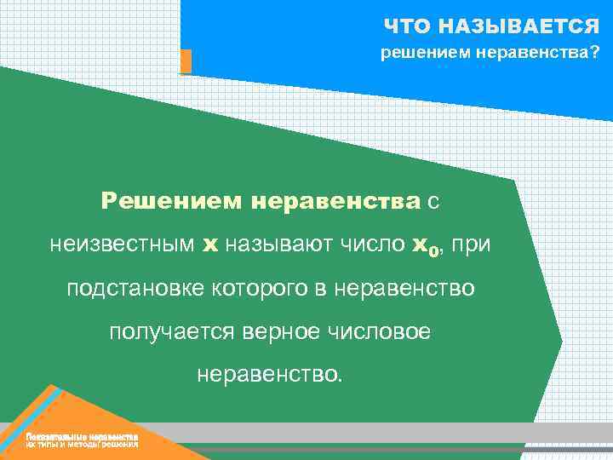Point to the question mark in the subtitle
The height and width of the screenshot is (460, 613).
[593, 54]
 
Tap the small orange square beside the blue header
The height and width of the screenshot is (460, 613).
[186, 61]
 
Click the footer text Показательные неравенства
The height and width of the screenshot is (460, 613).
[82, 436]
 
